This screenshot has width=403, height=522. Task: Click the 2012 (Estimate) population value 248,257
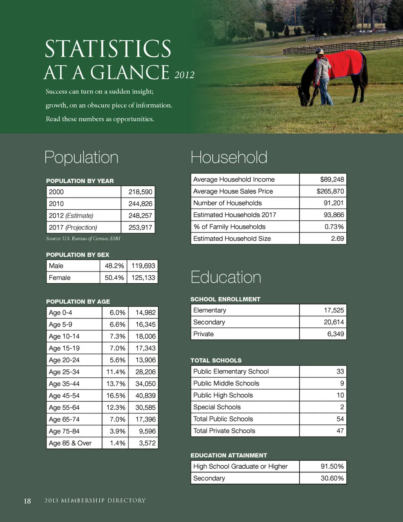[141, 216]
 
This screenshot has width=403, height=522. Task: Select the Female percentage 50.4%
[114, 278]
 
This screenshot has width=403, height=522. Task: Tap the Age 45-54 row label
[64, 395]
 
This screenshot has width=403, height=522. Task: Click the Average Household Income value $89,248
[332, 179]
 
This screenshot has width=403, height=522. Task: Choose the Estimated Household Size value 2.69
[337, 238]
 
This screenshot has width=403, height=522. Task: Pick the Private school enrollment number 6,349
[335, 334]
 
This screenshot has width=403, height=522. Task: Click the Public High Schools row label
[223, 395]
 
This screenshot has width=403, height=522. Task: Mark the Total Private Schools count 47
[340, 431]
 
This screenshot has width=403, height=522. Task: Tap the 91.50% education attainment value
[332, 467]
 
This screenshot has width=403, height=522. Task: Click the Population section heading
[81, 158]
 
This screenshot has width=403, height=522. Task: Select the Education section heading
[226, 277]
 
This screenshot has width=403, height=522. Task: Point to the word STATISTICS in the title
[108, 49]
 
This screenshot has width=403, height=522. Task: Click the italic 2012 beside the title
[184, 75]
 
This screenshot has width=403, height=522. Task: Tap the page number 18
[27, 501]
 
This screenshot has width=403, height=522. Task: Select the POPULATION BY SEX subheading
[78, 255]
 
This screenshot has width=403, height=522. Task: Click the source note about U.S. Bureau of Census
[83, 239]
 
